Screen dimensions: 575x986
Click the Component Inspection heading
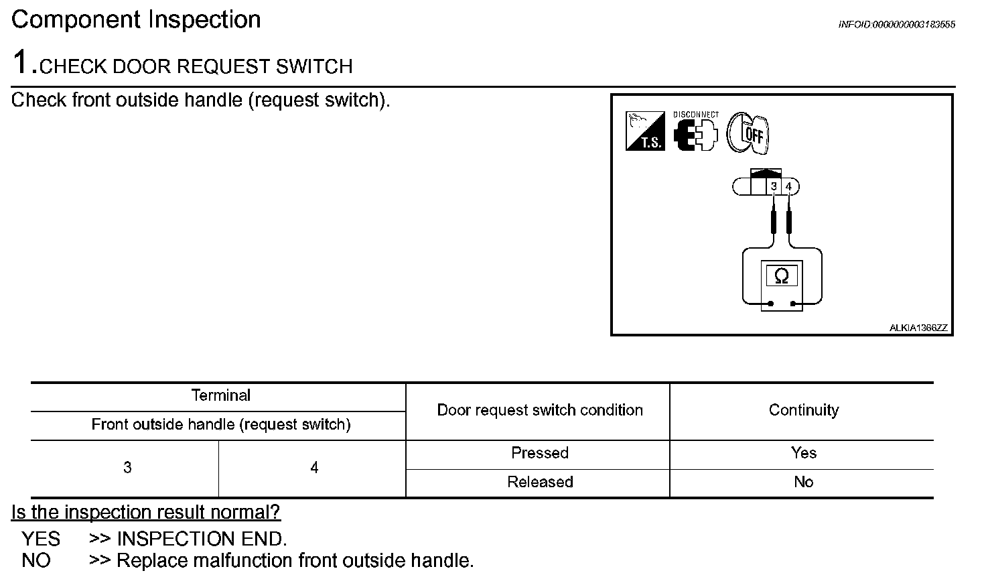(136, 19)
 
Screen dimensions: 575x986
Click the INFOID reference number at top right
(896, 25)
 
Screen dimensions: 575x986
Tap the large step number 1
(21, 63)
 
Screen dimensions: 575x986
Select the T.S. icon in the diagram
(645, 131)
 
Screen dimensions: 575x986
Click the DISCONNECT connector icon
(695, 133)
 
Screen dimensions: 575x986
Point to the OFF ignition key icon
(749, 133)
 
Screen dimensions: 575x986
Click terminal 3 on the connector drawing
(774, 186)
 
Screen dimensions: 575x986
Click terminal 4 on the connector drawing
(788, 186)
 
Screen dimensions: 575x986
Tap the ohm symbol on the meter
(781, 276)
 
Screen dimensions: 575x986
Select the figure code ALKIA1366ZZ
(918, 328)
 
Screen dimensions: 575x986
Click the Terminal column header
(220, 395)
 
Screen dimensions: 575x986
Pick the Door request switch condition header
(540, 410)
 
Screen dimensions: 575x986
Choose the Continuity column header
(803, 410)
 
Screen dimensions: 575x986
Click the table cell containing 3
(127, 468)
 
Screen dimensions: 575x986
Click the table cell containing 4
(314, 468)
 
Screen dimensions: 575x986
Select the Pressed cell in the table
(540, 453)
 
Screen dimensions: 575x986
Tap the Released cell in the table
(540, 482)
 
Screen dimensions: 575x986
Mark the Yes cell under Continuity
(803, 453)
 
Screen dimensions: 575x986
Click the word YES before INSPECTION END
(41, 539)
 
